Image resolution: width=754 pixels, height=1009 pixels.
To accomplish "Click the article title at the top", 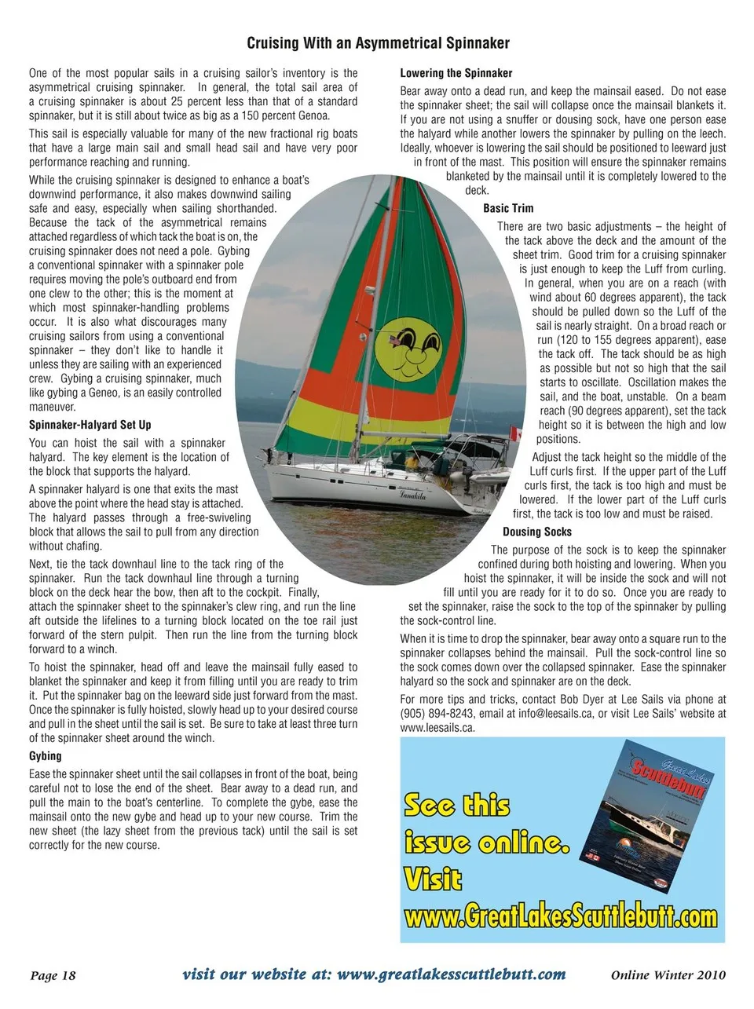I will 378,43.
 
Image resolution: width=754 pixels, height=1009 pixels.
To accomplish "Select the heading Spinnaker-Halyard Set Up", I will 90,425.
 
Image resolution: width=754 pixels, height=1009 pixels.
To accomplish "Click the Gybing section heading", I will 46,756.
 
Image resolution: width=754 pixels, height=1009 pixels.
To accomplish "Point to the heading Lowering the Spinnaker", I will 456,73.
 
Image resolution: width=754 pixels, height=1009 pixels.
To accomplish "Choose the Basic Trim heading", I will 508,208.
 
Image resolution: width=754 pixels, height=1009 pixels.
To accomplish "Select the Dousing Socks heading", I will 537,532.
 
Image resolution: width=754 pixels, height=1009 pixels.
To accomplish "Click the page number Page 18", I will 53,975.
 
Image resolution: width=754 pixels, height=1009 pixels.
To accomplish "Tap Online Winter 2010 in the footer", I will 668,975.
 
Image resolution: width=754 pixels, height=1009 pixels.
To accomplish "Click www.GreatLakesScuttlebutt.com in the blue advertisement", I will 561,916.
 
